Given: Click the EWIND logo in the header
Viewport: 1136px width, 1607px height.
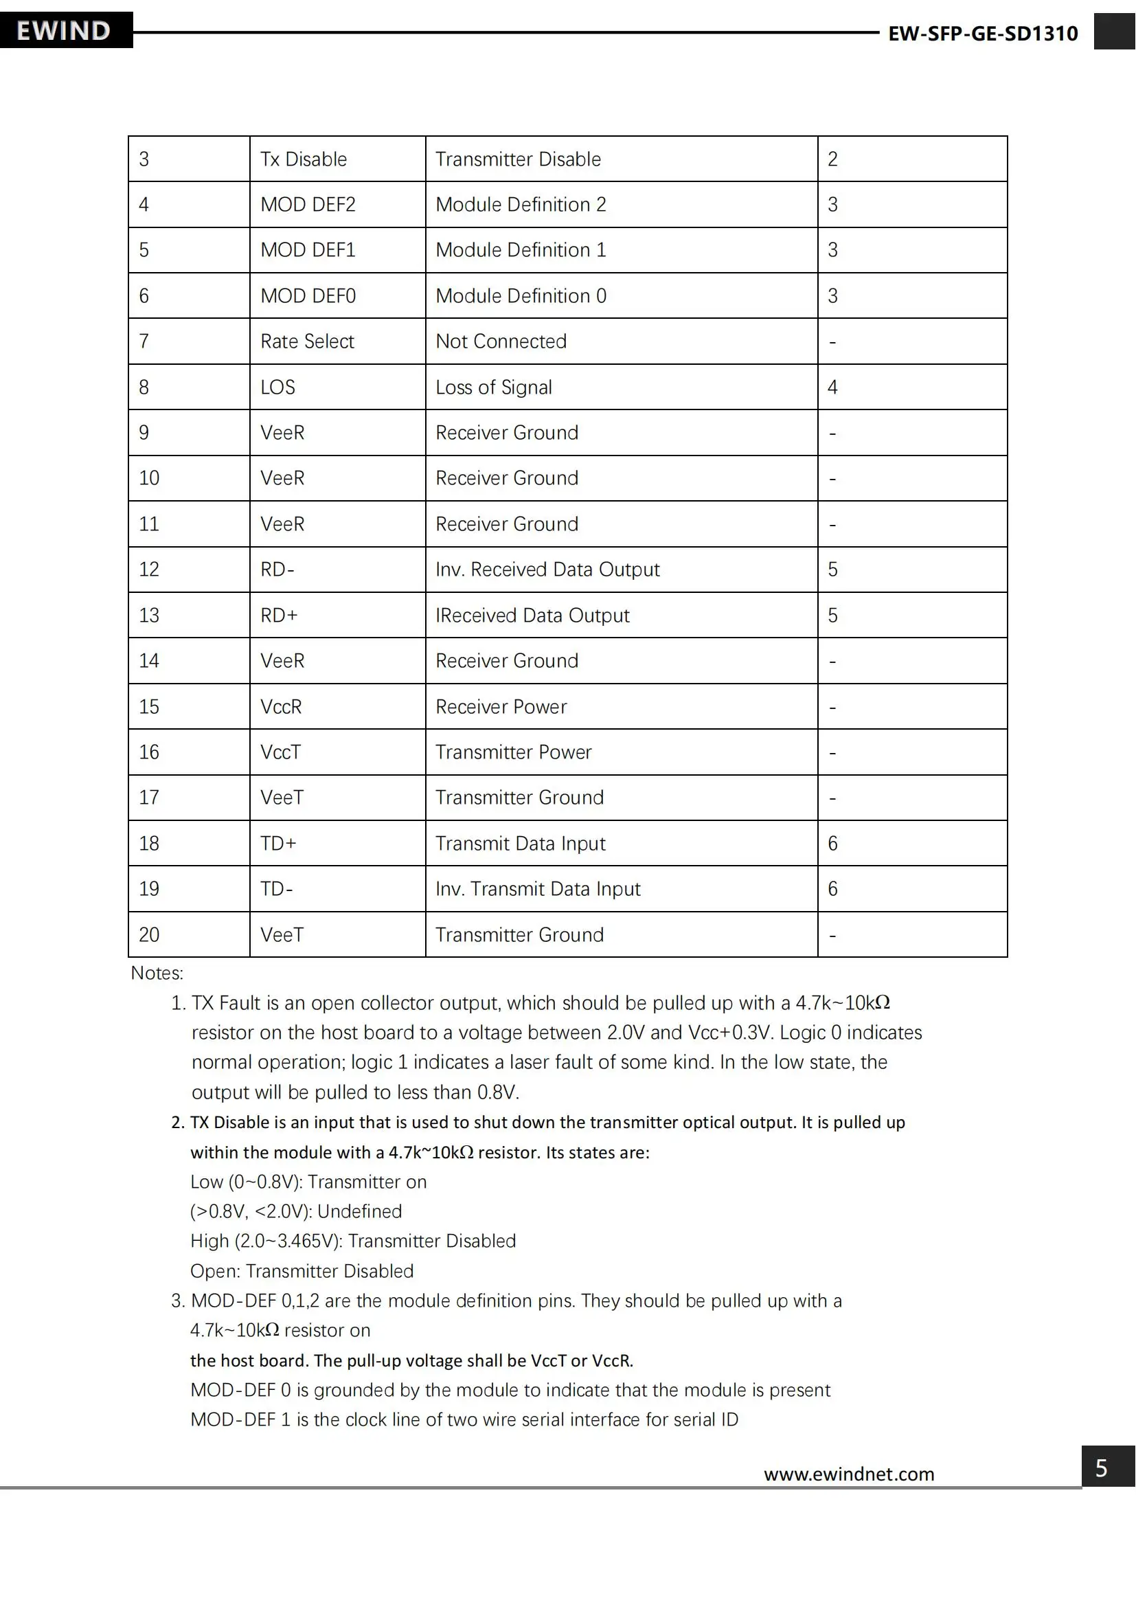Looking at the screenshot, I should tap(65, 31).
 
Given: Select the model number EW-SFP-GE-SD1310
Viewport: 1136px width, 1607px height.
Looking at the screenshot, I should tap(982, 34).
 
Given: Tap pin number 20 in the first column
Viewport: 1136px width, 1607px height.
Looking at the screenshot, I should tap(149, 935).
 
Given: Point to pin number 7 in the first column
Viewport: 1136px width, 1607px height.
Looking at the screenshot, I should tap(144, 341).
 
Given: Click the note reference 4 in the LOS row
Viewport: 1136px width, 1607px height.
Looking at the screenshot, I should tap(832, 387).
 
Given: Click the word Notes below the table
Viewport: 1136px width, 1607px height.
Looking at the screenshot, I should tap(157, 974).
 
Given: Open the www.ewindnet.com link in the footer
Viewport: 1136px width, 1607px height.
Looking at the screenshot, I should tap(848, 1474).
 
